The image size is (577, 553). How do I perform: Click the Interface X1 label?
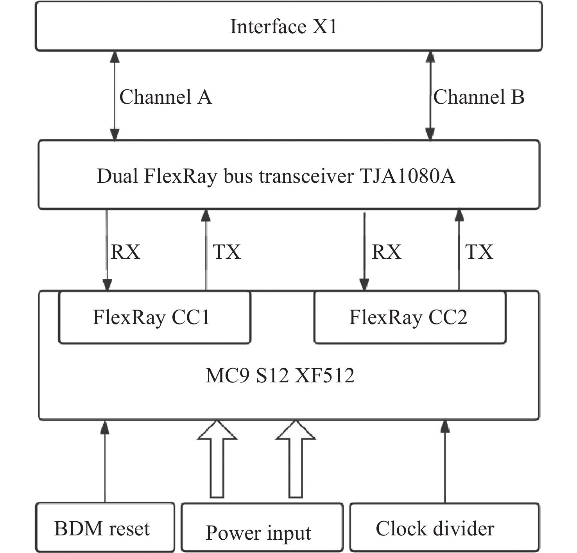pos(283,27)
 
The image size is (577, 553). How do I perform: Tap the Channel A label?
pos(165,97)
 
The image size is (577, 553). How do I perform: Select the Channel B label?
pos(478,97)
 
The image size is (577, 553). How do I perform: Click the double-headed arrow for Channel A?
pos(115,95)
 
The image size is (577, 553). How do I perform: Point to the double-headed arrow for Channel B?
pos(430,95)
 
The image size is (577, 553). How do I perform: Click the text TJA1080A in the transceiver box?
pos(407,176)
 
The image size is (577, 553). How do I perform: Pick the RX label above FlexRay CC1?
pos(125,252)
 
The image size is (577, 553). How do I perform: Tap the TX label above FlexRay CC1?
pos(227,252)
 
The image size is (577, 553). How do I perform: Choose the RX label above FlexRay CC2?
pos(387,252)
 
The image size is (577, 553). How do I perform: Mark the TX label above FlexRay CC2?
pos(479,252)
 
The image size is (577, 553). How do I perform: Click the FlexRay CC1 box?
pos(154,317)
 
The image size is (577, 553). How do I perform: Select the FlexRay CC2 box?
pos(410,317)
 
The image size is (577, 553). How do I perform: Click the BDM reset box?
pos(105,528)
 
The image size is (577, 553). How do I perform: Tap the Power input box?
pos(262,528)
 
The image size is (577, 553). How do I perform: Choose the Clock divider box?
pos(444,528)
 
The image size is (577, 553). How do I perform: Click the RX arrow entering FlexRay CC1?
pos(107,250)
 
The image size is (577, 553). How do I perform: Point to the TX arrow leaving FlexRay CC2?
pos(459,250)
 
